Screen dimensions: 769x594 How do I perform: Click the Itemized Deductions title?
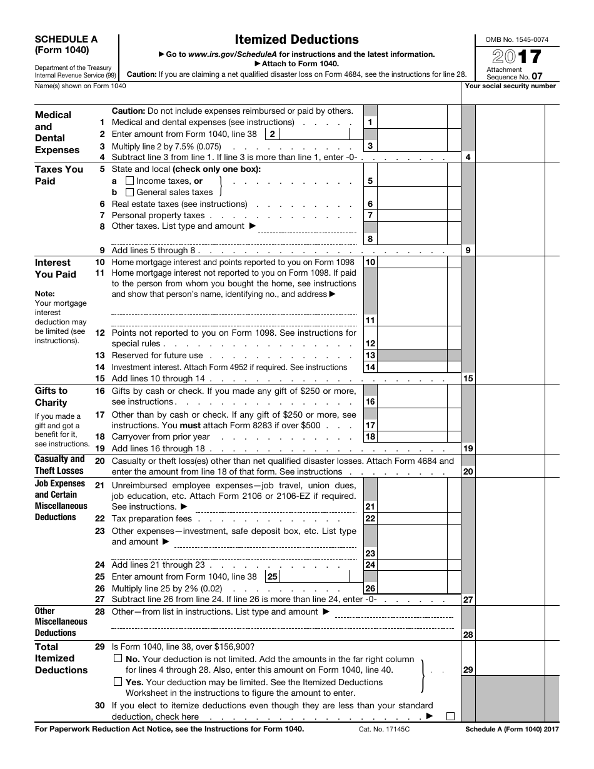[x=296, y=40]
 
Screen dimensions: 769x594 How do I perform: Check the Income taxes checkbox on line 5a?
[x=130, y=181]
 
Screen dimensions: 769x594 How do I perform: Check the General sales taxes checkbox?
[x=130, y=193]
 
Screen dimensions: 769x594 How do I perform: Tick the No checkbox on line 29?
[x=118, y=658]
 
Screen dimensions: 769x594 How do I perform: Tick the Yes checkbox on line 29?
[x=118, y=681]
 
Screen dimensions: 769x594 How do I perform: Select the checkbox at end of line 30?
[x=450, y=716]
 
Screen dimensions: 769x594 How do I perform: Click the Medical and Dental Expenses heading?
[x=57, y=132]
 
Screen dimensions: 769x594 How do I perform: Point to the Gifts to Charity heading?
[x=51, y=396]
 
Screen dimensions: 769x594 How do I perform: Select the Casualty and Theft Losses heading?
[x=59, y=465]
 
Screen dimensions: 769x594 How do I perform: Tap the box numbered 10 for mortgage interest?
[x=370, y=263]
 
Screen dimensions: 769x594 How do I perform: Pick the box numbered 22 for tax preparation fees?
[x=370, y=518]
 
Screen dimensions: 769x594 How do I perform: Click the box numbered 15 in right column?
[x=468, y=378]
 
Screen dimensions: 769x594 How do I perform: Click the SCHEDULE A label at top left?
[x=66, y=39]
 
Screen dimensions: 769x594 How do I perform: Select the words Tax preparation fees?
[x=152, y=518]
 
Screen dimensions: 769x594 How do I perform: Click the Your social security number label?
[x=510, y=86]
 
